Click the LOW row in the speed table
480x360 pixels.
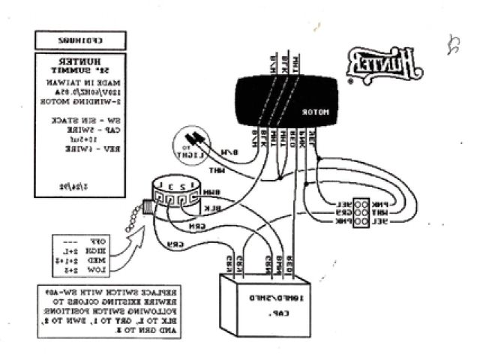pos(81,268)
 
